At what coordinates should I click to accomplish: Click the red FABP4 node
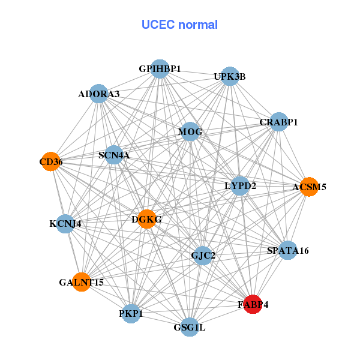coord(253,304)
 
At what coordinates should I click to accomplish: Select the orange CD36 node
coord(51,161)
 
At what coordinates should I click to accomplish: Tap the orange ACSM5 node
coord(308,187)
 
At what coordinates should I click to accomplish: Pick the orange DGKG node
coord(147,219)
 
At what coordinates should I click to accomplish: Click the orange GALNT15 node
coord(82,281)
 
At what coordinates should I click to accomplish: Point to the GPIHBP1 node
coord(160,69)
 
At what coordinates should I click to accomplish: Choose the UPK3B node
coord(230,76)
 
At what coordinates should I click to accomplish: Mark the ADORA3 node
coord(99,94)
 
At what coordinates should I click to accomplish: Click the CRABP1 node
coord(278,122)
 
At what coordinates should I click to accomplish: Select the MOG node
coord(190,132)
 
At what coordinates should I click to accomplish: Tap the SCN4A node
coord(114,155)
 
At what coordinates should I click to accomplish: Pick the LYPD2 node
coord(241,185)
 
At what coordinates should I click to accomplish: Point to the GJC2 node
coord(203,256)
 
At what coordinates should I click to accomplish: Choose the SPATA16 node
coord(288,250)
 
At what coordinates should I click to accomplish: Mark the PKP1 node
coord(131,313)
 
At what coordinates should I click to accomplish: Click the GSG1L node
coord(190,327)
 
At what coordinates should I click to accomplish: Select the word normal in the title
coord(196,25)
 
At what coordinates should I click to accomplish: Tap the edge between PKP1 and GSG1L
coord(160,320)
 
